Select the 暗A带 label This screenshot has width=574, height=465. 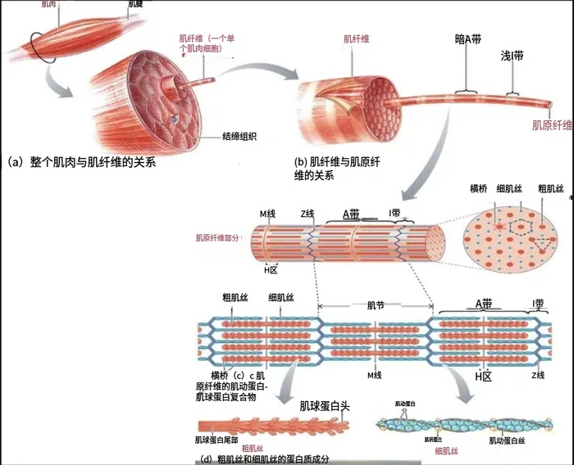point(468,38)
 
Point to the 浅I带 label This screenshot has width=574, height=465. point(512,57)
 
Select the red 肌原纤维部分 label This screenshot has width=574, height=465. point(218,237)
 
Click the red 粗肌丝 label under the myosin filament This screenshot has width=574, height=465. point(252,449)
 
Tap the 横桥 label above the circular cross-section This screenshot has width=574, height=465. point(479,189)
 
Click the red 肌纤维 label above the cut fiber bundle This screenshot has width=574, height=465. point(356,38)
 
